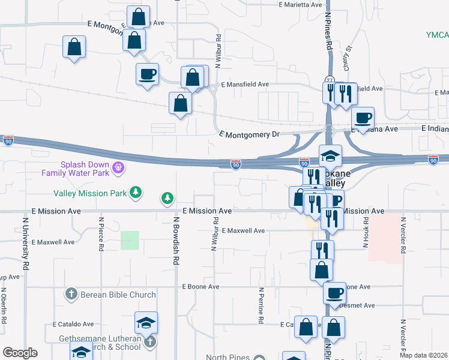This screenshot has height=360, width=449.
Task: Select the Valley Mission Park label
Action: pyautogui.click(x=90, y=193)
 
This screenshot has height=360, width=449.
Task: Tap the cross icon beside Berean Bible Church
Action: pyautogui.click(x=71, y=294)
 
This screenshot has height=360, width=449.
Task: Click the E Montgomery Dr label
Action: pyautogui.click(x=250, y=134)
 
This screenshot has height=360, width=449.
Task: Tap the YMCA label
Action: pyautogui.click(x=438, y=34)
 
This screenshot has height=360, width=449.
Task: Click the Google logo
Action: pyautogui.click(x=20, y=353)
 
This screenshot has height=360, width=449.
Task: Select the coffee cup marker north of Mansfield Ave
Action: pyautogui.click(x=147, y=74)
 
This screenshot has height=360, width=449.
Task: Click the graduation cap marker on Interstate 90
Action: pyautogui.click(x=330, y=156)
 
